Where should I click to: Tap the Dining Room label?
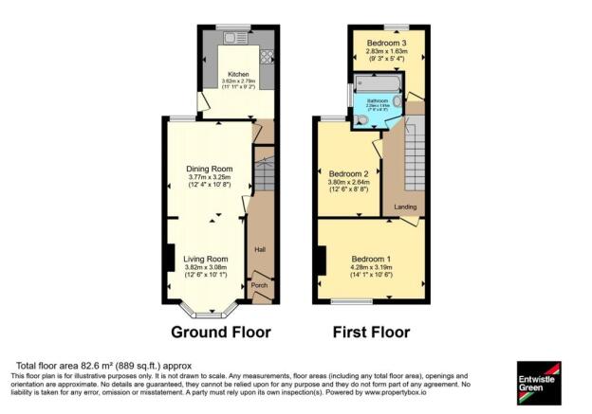click(x=208, y=169)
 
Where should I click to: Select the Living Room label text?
click(x=206, y=259)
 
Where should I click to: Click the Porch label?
click(x=258, y=284)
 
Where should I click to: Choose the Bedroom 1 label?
click(x=371, y=259)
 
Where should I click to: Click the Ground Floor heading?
click(x=220, y=333)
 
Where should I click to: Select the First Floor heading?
click(x=370, y=333)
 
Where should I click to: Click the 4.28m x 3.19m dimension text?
click(x=371, y=268)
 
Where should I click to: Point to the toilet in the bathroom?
click(x=361, y=120)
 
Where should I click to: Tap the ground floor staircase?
click(x=265, y=176)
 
